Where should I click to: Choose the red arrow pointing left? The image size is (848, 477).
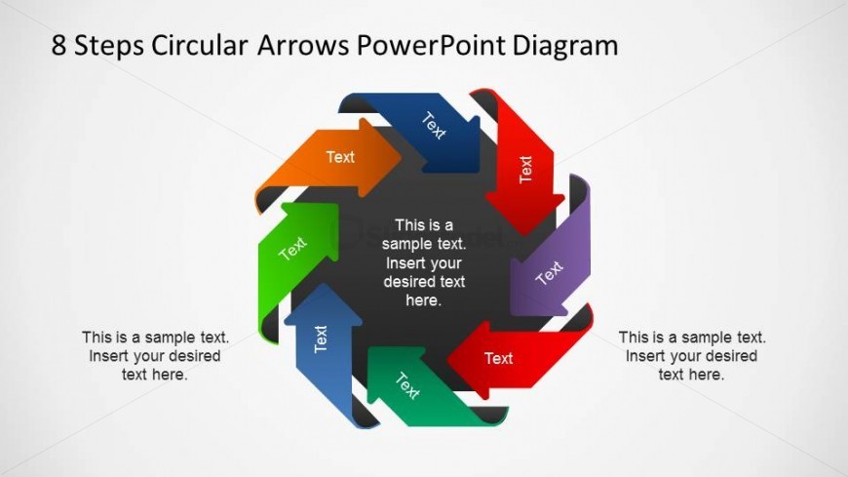click(x=507, y=357)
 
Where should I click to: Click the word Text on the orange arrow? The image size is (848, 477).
click(x=340, y=157)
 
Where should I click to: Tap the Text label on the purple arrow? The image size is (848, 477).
click(x=550, y=273)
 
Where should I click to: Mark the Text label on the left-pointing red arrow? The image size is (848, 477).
click(x=498, y=358)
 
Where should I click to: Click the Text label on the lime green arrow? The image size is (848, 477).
click(x=292, y=249)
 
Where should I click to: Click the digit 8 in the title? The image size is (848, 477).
click(x=60, y=46)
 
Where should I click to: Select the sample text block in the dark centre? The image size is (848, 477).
click(x=424, y=262)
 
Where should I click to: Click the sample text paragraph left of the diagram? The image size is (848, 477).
click(x=155, y=355)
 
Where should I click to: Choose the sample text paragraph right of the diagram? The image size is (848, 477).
click(x=691, y=355)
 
